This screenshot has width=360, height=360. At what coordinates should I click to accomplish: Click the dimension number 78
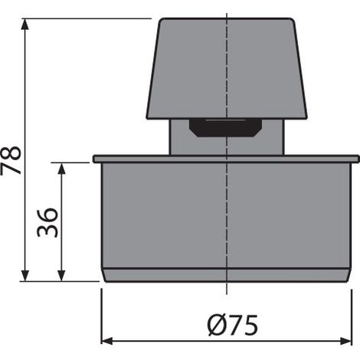click(x=11, y=160)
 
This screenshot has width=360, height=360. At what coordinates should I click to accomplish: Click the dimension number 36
click(x=47, y=222)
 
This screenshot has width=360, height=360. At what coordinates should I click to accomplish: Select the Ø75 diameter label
click(x=233, y=325)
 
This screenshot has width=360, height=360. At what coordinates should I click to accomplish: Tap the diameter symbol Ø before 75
click(x=217, y=325)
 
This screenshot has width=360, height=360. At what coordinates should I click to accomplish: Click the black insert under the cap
click(x=225, y=128)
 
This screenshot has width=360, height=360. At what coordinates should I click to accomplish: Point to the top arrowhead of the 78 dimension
click(x=25, y=25)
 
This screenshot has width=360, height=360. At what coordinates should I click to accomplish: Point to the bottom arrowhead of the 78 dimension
click(x=25, y=276)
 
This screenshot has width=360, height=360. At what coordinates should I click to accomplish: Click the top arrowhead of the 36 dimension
click(x=61, y=169)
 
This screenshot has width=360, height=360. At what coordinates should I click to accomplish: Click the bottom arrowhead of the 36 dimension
click(x=61, y=276)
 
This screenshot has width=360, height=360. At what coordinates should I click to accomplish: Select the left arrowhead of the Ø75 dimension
click(x=107, y=341)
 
